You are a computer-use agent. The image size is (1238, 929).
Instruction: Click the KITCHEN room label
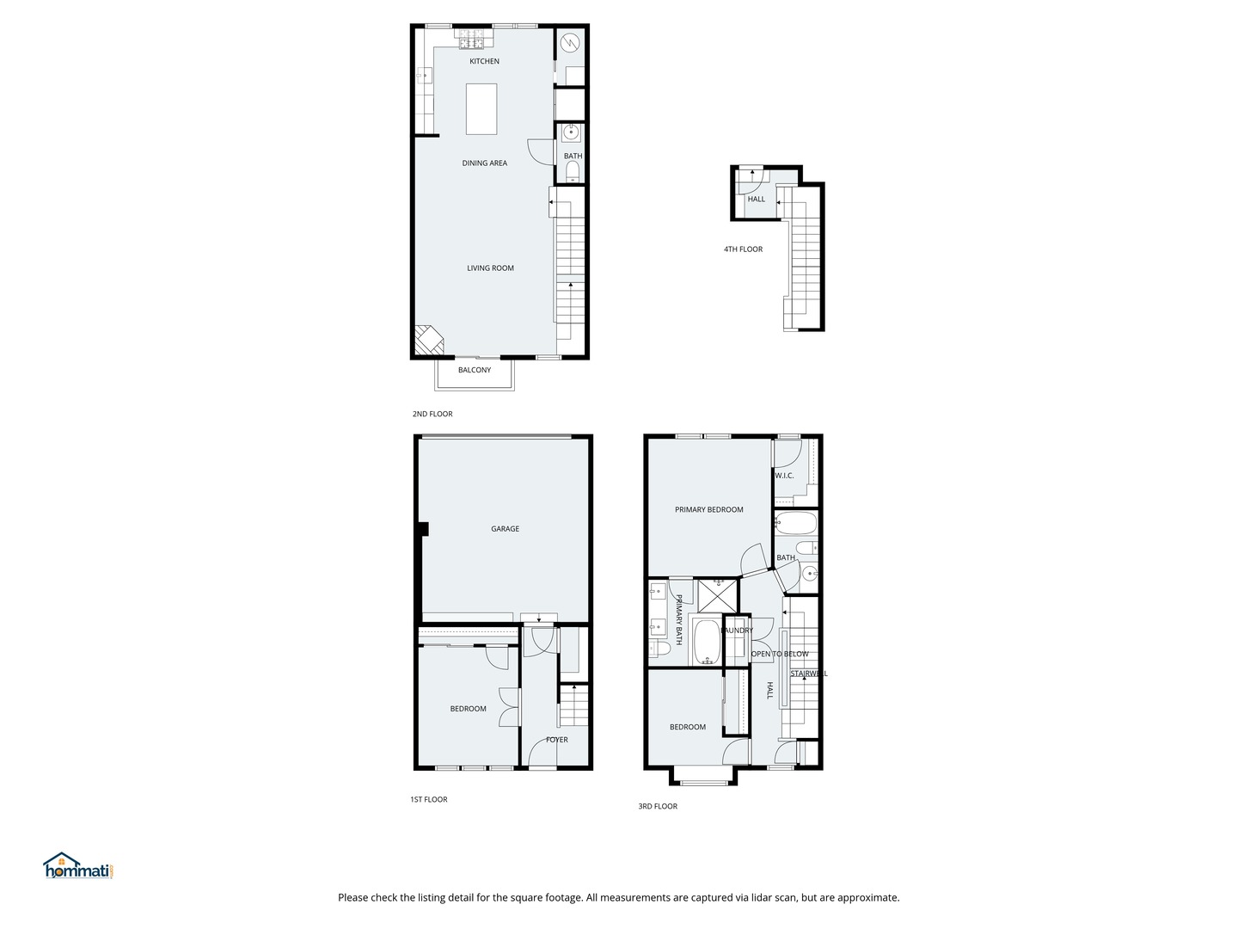484,61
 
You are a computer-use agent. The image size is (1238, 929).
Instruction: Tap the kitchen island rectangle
481,108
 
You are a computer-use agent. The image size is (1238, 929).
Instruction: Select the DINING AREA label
484,163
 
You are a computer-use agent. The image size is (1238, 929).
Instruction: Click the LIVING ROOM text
490,268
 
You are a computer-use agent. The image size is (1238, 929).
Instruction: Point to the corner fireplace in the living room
428,341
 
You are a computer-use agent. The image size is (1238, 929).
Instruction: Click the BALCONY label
474,370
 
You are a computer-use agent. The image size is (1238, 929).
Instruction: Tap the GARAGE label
505,528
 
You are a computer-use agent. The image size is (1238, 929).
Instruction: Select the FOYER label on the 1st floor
556,739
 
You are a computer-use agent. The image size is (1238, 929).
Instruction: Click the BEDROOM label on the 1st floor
468,708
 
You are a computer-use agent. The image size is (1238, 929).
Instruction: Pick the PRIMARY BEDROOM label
708,509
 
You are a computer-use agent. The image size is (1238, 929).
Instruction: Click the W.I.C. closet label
783,476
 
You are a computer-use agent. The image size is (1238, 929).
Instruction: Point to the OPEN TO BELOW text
780,654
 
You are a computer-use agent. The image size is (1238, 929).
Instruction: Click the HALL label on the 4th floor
756,199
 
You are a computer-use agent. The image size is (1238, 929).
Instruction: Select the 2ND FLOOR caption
432,414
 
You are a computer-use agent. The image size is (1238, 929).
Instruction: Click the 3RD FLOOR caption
657,806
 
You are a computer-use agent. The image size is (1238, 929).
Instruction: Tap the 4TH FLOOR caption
743,249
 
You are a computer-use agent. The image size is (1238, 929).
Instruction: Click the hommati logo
78,866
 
